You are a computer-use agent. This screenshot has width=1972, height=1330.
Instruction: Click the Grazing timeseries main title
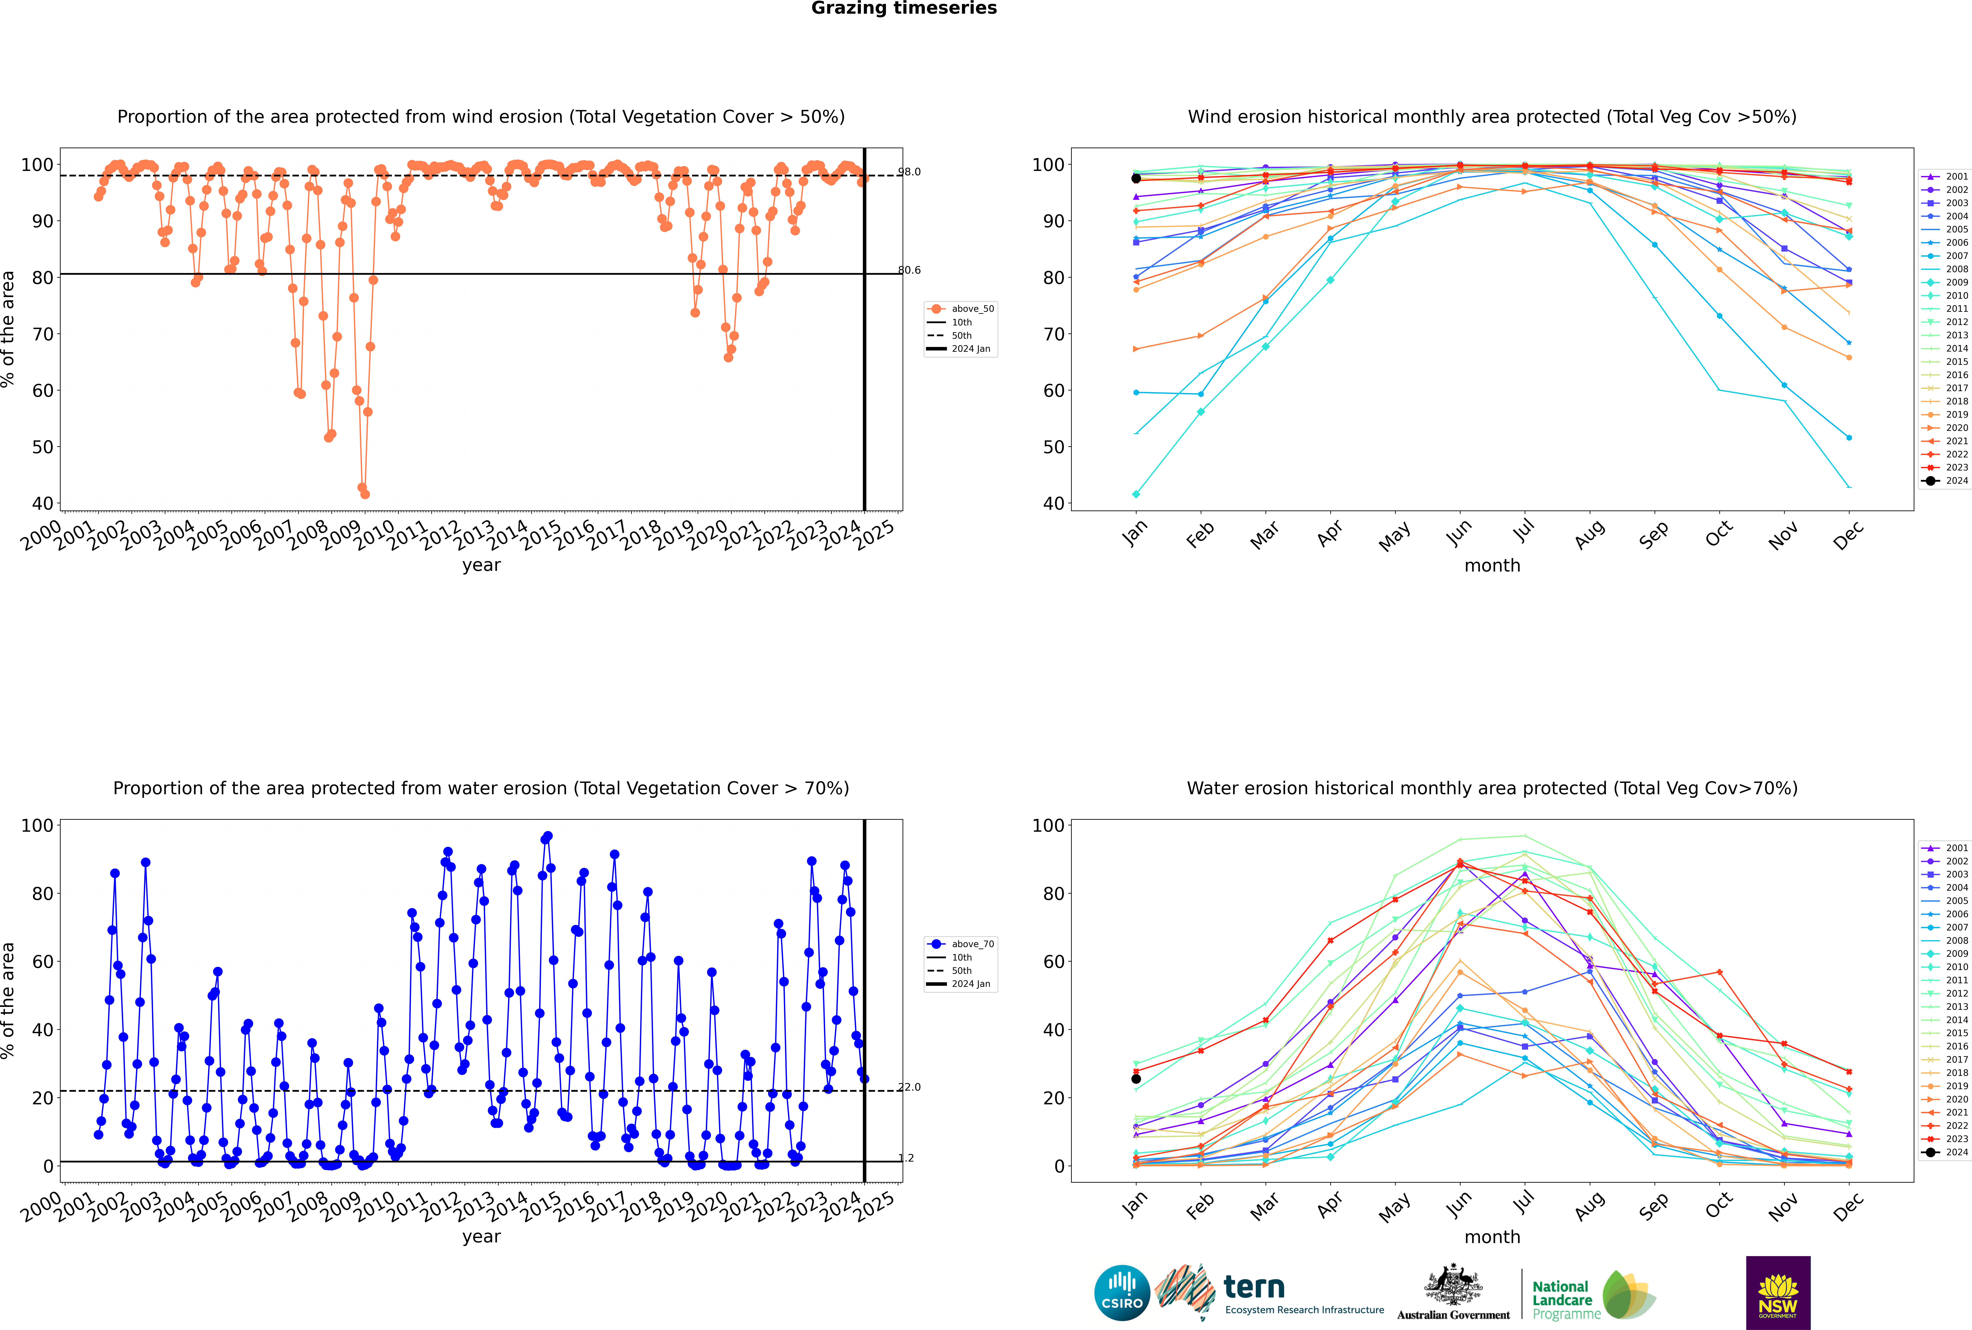(x=904, y=8)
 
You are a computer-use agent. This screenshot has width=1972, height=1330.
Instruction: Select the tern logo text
(x=1254, y=1288)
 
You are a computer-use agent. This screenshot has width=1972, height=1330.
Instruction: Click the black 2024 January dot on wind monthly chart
(x=1136, y=179)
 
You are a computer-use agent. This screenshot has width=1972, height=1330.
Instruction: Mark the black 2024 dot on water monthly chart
(x=1136, y=1079)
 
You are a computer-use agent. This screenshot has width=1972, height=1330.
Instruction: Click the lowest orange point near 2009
(x=365, y=494)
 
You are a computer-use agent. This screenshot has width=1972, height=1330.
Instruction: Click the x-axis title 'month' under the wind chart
(x=1492, y=566)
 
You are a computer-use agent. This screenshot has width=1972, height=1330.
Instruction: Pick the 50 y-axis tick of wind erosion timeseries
(x=42, y=447)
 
